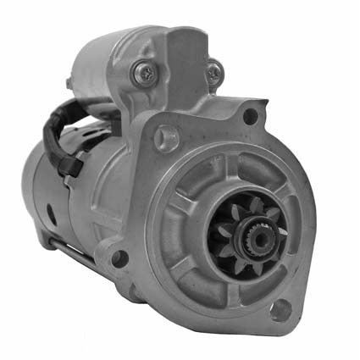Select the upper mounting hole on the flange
[x=250, y=116]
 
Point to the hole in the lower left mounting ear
[x=116, y=257]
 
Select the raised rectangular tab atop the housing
[x=186, y=47]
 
